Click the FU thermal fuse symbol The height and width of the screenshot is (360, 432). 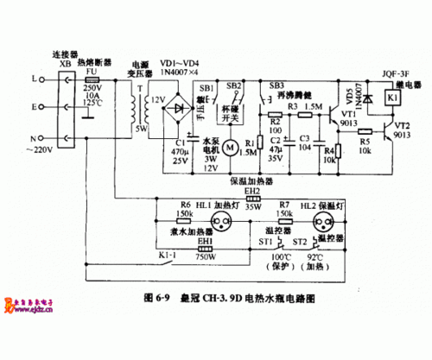click(x=92, y=79)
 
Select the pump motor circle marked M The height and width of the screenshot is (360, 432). click(x=229, y=148)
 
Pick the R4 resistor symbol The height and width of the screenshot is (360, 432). click(x=339, y=152)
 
